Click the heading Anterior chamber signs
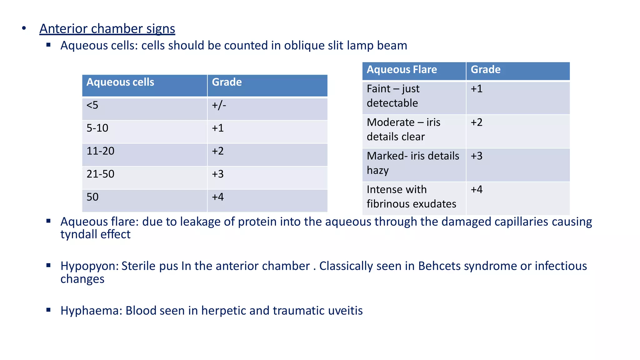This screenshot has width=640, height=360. pyautogui.click(x=107, y=29)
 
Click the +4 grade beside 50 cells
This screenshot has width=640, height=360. pyautogui.click(x=218, y=197)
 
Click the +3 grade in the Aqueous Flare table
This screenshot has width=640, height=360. pyautogui.click(x=477, y=156)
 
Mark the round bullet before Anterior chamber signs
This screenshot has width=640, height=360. pyautogui.click(x=24, y=28)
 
